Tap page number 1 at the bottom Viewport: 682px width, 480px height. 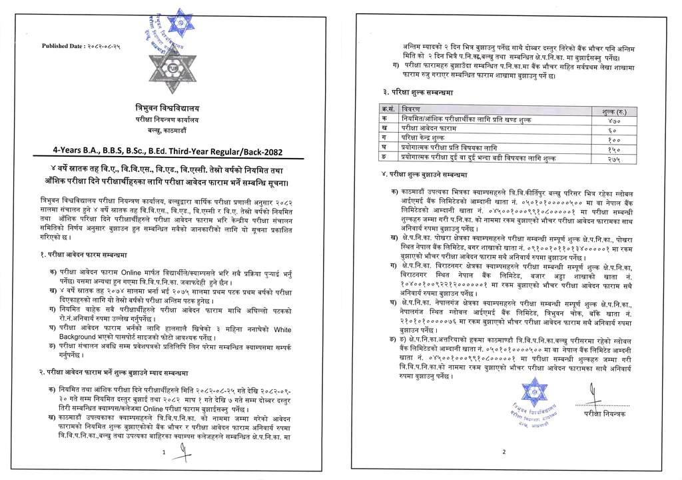tap(164, 452)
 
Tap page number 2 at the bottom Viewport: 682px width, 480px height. tap(504, 452)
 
